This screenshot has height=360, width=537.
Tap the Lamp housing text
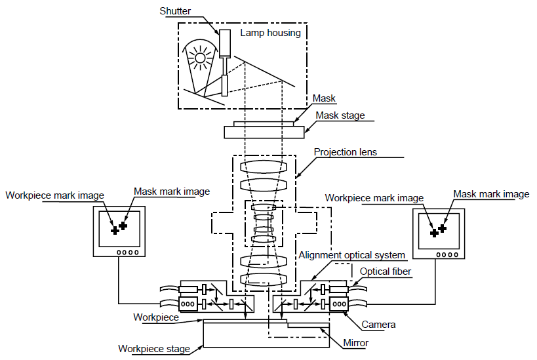[270, 33]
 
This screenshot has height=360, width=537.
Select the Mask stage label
[340, 116]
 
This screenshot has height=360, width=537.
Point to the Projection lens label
[345, 152]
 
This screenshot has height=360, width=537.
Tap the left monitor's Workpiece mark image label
[55, 195]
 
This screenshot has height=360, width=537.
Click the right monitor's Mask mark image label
[491, 194]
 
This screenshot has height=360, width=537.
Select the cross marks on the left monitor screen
[119, 228]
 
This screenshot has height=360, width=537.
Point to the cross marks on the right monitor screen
[437, 230]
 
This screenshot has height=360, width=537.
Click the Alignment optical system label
[351, 255]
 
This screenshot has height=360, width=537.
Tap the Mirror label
[356, 343]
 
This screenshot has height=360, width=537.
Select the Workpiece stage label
[153, 349]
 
